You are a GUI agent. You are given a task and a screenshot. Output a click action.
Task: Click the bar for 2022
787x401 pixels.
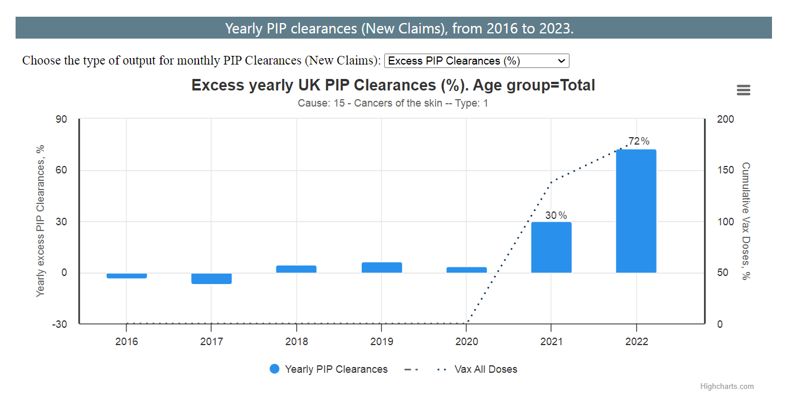coord(636,211)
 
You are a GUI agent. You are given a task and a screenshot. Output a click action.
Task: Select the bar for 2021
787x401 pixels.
coord(551,247)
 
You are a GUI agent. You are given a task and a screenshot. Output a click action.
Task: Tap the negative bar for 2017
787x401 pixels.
coord(212,279)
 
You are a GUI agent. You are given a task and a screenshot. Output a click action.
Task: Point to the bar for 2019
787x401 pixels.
coord(381,267)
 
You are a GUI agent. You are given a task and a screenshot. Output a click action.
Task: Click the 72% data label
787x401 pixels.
coord(639,141)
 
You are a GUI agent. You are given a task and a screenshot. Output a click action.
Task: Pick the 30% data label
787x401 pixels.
coord(556,215)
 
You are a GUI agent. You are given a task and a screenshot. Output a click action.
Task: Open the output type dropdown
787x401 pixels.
coord(477,61)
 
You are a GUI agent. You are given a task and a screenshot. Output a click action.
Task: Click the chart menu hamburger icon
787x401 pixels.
coord(743,90)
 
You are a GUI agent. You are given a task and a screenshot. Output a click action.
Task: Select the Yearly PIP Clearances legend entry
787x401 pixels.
coord(328,369)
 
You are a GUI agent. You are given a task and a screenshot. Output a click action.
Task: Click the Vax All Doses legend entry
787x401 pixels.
coord(485,369)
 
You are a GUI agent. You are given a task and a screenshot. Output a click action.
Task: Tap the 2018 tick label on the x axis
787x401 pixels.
coord(297,342)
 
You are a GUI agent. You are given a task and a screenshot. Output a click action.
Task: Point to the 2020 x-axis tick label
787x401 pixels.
coord(466,342)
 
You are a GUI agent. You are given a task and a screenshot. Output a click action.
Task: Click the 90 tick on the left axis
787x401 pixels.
coord(61,119)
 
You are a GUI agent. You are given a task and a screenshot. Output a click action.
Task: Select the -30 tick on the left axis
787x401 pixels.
coord(60,324)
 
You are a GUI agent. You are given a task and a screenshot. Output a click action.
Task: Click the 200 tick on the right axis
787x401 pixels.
coord(726,119)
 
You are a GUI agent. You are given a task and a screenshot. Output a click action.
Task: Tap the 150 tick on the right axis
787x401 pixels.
coord(726,171)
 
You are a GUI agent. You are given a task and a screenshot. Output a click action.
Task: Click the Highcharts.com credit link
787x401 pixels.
coord(726,387)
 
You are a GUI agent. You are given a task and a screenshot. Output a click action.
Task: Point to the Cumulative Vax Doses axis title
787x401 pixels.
coord(745,221)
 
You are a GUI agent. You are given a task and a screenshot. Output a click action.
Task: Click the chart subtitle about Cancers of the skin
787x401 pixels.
coord(393,104)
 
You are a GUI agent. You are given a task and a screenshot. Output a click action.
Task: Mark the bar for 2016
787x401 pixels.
coord(127,276)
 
